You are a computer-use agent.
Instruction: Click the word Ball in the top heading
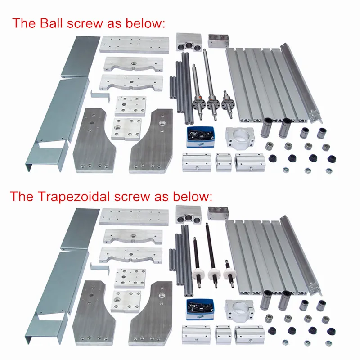(x=54, y=23)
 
